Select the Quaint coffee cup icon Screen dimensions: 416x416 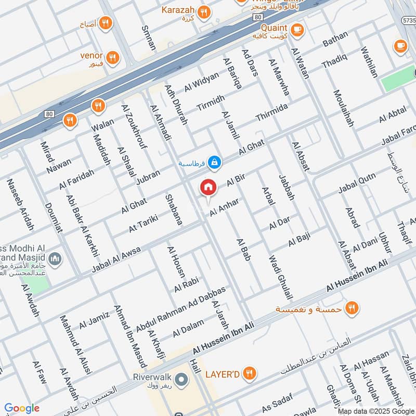(297, 30)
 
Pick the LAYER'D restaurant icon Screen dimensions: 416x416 (250, 373)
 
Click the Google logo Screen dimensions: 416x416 (22, 408)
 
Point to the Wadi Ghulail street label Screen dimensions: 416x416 (279, 277)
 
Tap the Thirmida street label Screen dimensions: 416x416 (271, 113)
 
